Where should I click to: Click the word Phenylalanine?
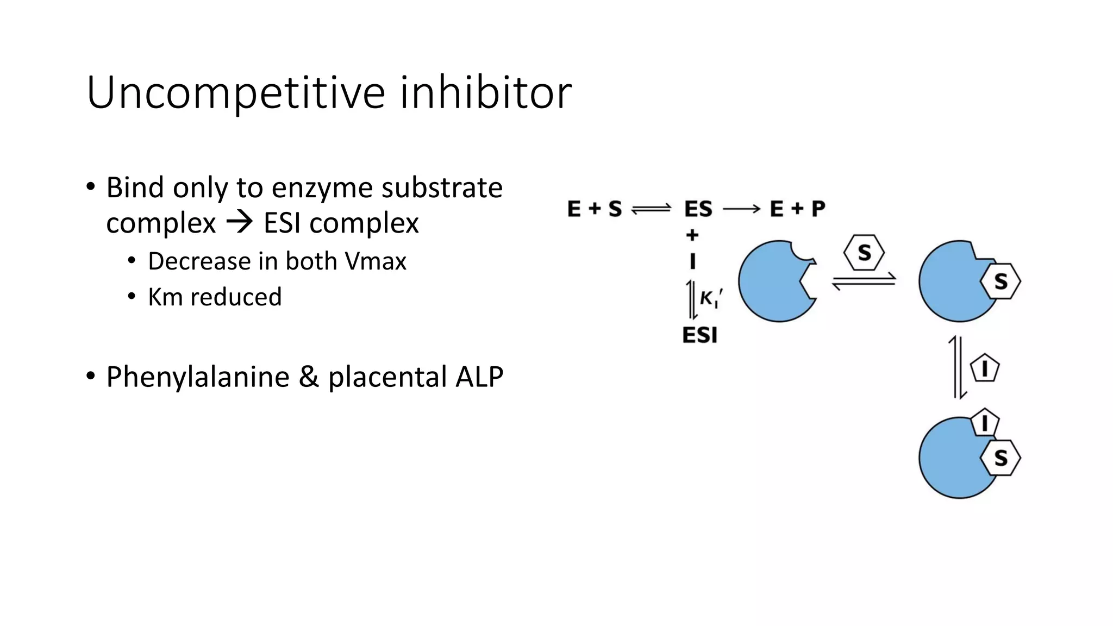pyautogui.click(x=198, y=377)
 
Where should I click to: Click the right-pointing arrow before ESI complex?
pyautogui.click(x=240, y=222)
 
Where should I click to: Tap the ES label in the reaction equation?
pyautogui.click(x=698, y=209)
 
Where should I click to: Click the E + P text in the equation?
pyautogui.click(x=797, y=209)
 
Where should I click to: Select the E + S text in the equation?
pyautogui.click(x=594, y=209)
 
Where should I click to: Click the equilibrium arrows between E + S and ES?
pyautogui.click(x=651, y=209)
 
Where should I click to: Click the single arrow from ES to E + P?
pyautogui.click(x=741, y=209)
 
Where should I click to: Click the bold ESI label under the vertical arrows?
pyautogui.click(x=700, y=335)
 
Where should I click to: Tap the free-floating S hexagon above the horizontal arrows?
pyautogui.click(x=864, y=253)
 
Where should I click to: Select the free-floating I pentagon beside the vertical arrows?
pyautogui.click(x=984, y=368)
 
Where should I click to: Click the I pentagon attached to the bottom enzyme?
pyautogui.click(x=984, y=422)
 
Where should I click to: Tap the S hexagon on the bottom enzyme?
pyautogui.click(x=1001, y=458)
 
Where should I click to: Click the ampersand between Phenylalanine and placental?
pyautogui.click(x=308, y=377)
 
